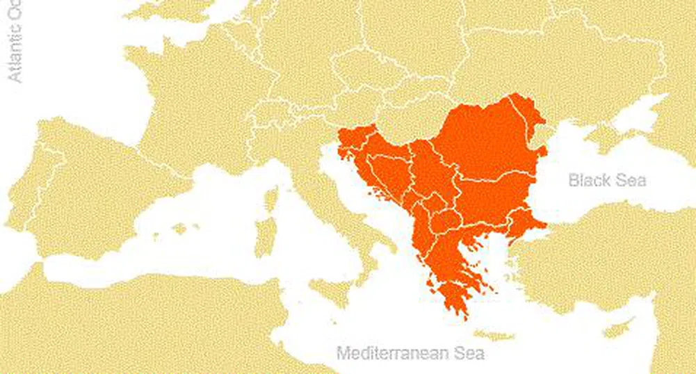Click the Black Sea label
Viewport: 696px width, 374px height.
tap(607, 181)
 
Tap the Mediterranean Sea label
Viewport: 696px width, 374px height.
tap(410, 353)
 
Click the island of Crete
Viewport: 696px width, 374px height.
tap(493, 335)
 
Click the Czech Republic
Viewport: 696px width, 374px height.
tap(362, 66)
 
